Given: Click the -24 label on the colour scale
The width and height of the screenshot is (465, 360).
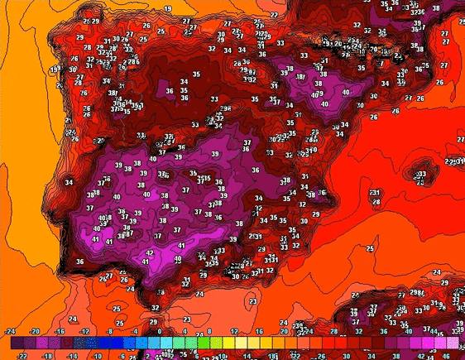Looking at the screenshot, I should pyautogui.click(x=10, y=331).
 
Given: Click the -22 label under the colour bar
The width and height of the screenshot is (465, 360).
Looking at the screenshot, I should pyautogui.click(x=22, y=355).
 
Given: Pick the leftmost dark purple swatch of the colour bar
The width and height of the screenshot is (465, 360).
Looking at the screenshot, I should pyautogui.click(x=17, y=343).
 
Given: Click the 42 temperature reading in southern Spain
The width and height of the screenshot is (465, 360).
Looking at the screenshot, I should pyautogui.click(x=150, y=253).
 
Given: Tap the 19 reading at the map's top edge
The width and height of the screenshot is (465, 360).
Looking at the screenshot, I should pyautogui.click(x=168, y=8).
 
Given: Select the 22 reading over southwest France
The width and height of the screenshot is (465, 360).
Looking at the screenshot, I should pyautogui.click(x=274, y=14).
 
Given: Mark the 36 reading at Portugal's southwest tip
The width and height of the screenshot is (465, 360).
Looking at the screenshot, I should pyautogui.click(x=79, y=262).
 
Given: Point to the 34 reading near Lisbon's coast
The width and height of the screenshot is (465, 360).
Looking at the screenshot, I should pyautogui.click(x=69, y=182).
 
